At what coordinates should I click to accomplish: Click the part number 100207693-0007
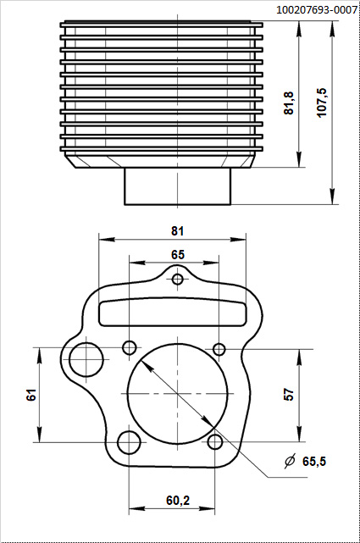[x=316, y=9]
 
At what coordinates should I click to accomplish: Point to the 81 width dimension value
[x=178, y=230]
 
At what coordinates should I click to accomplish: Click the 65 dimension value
[x=178, y=254]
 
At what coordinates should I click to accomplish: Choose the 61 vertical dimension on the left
[x=31, y=395]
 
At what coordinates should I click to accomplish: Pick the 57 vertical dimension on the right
[x=289, y=395]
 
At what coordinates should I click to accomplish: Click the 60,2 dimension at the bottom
[x=177, y=501]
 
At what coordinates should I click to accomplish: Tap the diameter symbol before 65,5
[x=289, y=462]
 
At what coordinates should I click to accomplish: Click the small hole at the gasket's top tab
[x=178, y=280]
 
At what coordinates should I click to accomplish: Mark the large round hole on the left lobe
[x=86, y=359]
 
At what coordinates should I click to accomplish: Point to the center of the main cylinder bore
[x=178, y=394]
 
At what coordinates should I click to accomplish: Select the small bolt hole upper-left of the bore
[x=130, y=347]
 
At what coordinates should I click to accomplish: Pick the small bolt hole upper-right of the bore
[x=219, y=349]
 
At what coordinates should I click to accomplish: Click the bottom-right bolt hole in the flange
[x=216, y=441]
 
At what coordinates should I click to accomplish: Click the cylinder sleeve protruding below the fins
[x=178, y=186]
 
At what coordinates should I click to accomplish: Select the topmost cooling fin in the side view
[x=161, y=25]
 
